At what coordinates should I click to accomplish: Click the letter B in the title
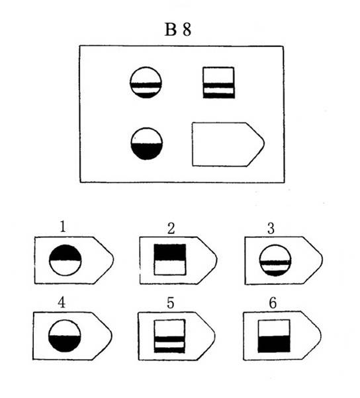coord(171,30)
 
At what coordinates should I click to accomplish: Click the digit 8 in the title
coord(187,30)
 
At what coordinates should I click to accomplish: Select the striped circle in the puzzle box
coord(146,83)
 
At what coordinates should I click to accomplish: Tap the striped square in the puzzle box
coord(218,83)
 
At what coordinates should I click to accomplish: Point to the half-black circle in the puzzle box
coord(147,143)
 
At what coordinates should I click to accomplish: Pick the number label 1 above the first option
coord(63,227)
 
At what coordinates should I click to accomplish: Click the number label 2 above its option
coord(171,229)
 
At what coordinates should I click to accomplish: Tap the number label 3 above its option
coord(271,229)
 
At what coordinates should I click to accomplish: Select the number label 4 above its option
coord(62,303)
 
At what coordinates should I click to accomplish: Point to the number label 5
coord(171,303)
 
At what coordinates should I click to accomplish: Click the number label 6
coord(273,303)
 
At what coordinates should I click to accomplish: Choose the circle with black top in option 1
coord(66,260)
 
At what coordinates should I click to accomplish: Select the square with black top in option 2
coord(170,259)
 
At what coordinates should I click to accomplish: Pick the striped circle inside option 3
coord(275,260)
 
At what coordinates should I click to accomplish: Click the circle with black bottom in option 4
coord(65,336)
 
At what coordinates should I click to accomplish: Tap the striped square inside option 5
coord(169,336)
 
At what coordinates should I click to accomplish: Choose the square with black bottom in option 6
coord(274,336)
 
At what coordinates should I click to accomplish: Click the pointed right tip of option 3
coord(323,259)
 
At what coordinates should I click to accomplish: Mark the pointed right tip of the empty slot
coord(265,143)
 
